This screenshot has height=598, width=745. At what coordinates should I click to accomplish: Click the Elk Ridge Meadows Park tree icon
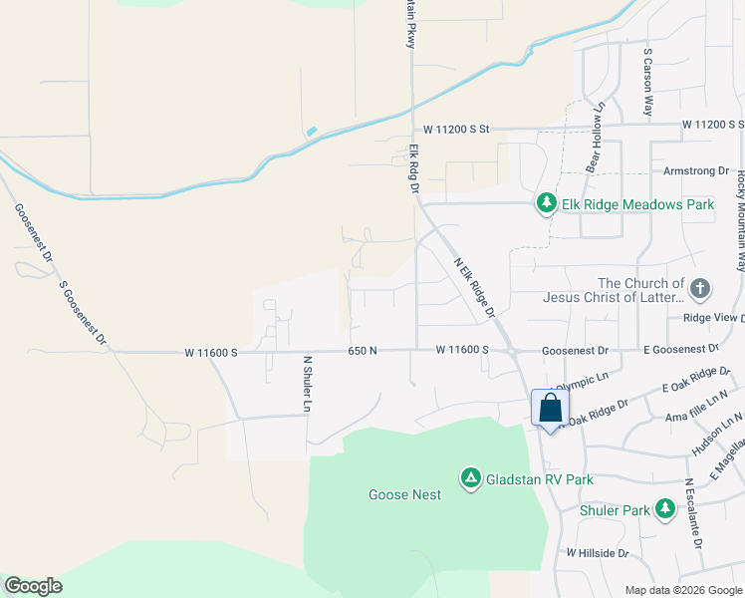546,203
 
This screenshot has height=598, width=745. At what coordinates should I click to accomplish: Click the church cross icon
700,290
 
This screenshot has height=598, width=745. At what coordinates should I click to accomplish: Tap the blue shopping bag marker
550,408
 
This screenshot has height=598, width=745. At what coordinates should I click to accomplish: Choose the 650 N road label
363,351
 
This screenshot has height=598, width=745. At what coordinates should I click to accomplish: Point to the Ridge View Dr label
712,318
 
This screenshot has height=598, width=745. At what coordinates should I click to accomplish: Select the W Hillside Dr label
598,552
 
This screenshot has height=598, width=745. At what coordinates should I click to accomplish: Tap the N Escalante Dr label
694,514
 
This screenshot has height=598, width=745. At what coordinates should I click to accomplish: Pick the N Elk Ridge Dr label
475,289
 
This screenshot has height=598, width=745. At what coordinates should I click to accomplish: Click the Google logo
33,586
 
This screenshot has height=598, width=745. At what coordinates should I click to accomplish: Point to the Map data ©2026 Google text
683,590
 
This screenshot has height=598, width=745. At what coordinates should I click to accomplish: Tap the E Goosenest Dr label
681,349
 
